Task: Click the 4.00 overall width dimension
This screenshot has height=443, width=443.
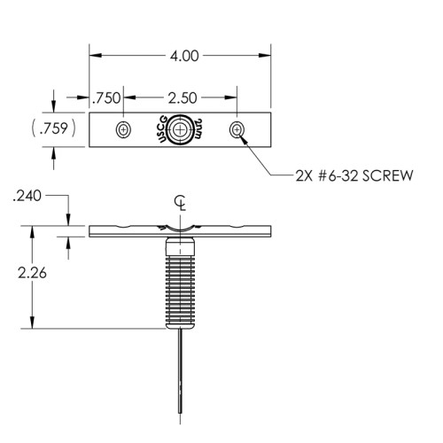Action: pos(184,56)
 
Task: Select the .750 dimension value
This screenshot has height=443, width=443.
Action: pos(106,98)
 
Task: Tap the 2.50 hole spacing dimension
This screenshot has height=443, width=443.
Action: pos(183,98)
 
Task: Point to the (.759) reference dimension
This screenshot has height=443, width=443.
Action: pos(53,128)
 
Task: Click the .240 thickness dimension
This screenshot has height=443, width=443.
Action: pos(27,196)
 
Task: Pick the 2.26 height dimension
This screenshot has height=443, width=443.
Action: pos(32,273)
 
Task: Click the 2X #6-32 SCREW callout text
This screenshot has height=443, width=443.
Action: pos(354,175)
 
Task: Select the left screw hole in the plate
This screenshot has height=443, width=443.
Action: pos(123,129)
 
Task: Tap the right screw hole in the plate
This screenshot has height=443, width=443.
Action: pos(237,129)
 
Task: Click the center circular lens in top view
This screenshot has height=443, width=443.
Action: pos(179,129)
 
